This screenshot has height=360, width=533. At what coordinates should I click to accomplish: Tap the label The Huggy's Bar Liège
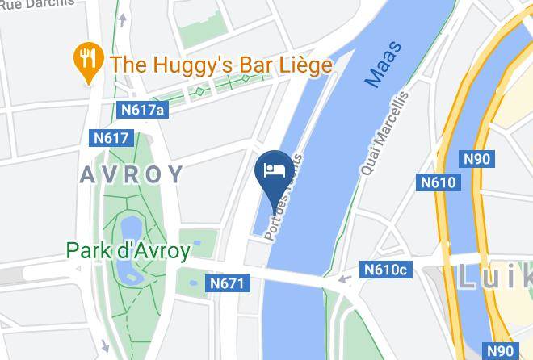click(x=221, y=65)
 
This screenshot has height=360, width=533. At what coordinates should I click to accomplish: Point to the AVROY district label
click(x=132, y=174)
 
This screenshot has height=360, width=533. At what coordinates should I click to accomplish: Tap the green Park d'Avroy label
click(x=128, y=250)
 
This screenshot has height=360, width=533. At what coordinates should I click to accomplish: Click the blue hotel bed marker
click(x=273, y=170)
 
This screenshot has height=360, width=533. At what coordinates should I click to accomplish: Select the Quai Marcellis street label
click(x=384, y=134)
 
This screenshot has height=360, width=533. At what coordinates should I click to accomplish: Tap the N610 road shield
click(x=438, y=182)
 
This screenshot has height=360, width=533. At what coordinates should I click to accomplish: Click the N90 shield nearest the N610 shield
click(x=476, y=159)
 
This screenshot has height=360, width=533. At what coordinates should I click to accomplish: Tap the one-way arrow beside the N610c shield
click(x=345, y=279)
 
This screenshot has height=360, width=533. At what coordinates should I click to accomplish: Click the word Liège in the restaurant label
click(x=304, y=65)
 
